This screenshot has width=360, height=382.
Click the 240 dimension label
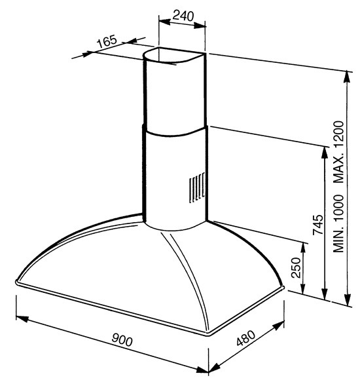click(x=183, y=16)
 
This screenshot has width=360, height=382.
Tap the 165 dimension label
click(x=107, y=41)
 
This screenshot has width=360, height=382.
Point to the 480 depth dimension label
click(x=246, y=338)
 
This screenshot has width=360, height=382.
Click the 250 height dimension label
click(x=297, y=267)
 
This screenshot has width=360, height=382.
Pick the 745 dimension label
click(x=318, y=225)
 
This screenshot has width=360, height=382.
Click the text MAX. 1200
click(x=338, y=152)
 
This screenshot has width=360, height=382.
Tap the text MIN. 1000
click(x=338, y=223)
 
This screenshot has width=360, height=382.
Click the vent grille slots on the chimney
click(x=196, y=187)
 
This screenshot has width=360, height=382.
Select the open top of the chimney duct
click(x=174, y=56)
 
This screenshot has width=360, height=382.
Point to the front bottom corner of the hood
click(x=207, y=334)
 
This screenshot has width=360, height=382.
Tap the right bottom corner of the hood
click(x=282, y=288)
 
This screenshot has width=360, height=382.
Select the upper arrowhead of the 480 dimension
click(x=278, y=326)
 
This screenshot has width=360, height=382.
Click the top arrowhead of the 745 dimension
click(x=325, y=152)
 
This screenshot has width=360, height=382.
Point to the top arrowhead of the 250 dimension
click(x=303, y=249)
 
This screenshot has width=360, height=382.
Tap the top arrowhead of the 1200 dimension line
click(x=348, y=77)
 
